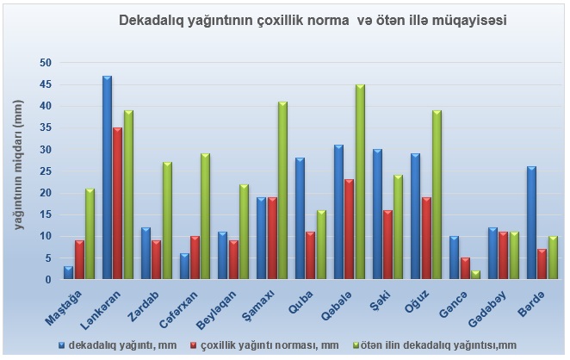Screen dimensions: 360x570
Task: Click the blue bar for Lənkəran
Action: click(x=107, y=178)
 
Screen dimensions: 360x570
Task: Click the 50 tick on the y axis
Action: click(x=46, y=63)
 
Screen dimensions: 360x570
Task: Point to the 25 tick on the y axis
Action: click(x=46, y=171)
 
